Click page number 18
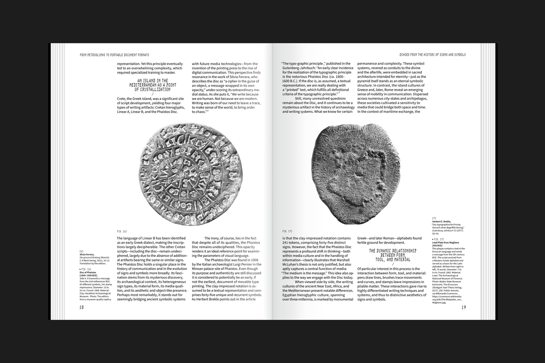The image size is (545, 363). (82, 307)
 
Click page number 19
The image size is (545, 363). (464, 307)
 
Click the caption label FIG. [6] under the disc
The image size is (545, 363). (122, 231)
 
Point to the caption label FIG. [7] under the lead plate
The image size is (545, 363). (287, 231)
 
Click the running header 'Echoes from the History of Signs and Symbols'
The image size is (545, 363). (429, 54)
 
